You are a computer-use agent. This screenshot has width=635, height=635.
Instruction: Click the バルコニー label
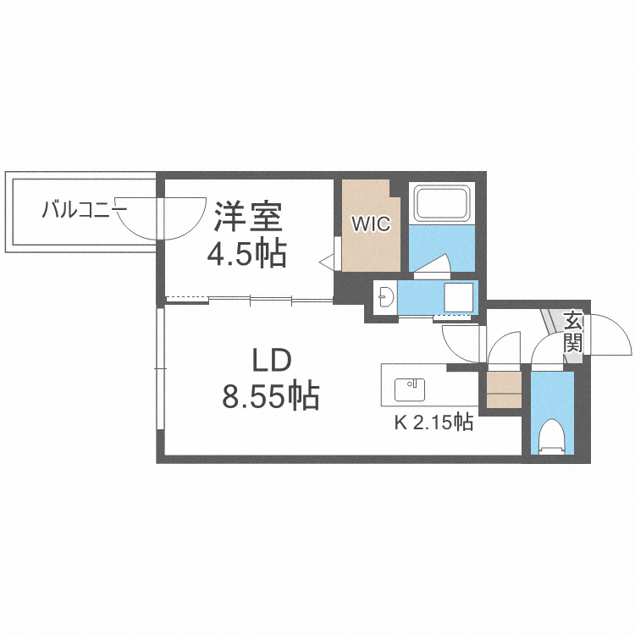[84, 208]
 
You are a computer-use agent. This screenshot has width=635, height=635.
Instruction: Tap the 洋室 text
[246, 217]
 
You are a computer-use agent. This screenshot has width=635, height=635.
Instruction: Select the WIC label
[371, 224]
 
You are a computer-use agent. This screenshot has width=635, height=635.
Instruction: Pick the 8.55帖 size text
[270, 395]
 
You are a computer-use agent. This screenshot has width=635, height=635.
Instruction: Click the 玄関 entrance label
[573, 333]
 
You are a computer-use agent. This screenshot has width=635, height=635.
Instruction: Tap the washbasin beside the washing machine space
[385, 297]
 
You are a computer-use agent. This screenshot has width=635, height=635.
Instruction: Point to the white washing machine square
[461, 297]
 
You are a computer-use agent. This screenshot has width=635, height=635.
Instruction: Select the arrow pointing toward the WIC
[327, 262]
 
